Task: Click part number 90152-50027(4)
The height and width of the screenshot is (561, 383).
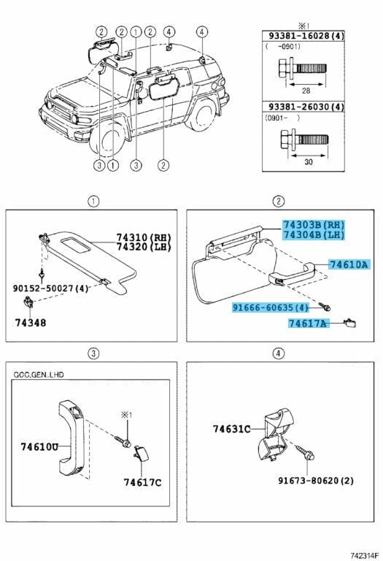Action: click(50, 289)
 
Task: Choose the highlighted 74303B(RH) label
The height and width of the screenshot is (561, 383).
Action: click(314, 224)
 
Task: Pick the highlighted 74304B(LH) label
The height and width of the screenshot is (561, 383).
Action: click(314, 234)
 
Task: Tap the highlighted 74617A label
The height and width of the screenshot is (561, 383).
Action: click(308, 322)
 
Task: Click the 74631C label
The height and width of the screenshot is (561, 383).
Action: click(231, 429)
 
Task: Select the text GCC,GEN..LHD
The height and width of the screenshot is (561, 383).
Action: click(38, 375)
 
